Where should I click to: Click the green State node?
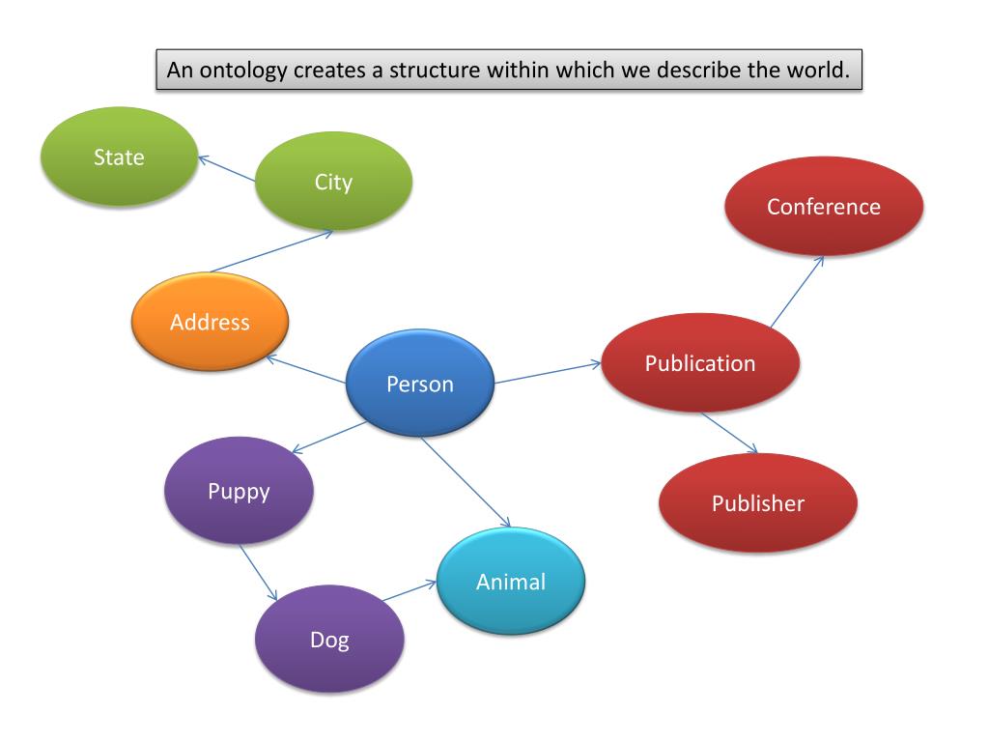point(119,157)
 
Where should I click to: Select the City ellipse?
point(333,182)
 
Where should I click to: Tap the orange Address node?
point(210,323)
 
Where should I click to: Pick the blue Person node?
point(420,384)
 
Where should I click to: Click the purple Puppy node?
point(239,491)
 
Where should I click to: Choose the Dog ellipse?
point(329,639)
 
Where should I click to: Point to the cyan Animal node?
point(511,582)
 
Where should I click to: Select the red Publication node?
point(700,363)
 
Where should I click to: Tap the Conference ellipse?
point(824,207)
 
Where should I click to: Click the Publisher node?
point(758,503)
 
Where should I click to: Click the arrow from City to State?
point(228,169)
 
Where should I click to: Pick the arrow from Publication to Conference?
point(797,291)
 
